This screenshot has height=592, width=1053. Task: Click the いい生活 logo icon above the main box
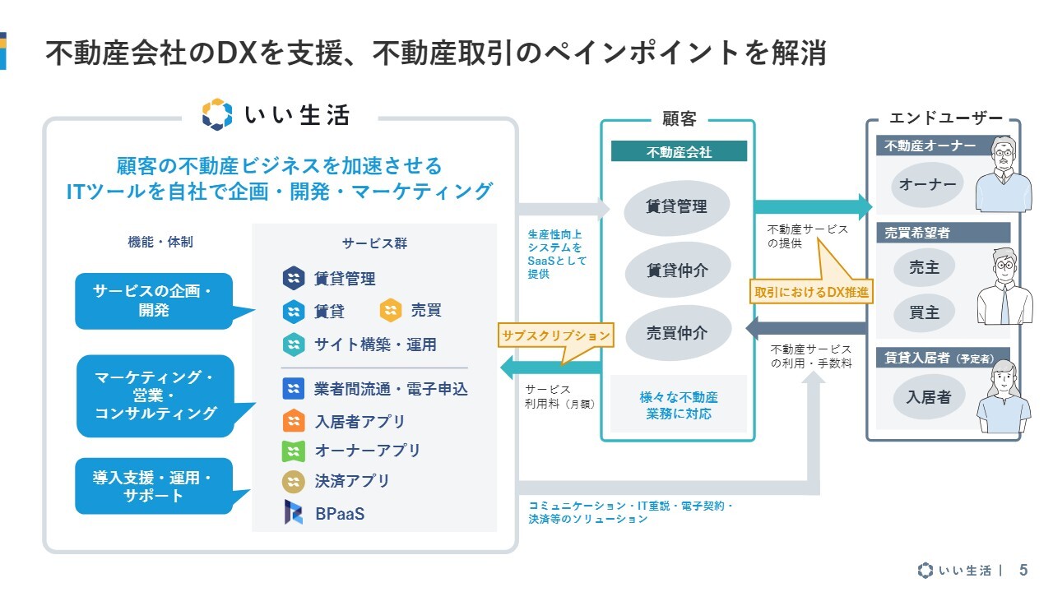(x=217, y=114)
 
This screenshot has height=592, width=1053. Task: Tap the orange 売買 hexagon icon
(x=391, y=310)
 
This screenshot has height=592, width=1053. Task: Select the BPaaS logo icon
(x=294, y=511)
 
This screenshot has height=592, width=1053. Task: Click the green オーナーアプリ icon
(x=294, y=451)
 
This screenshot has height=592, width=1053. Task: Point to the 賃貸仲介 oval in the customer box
(x=677, y=270)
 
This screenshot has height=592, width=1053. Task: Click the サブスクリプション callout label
(x=555, y=335)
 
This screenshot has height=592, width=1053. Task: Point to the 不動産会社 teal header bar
(x=679, y=151)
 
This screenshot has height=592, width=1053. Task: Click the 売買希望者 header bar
(x=943, y=233)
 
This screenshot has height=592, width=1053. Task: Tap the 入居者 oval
(x=929, y=397)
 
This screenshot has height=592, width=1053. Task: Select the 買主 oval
(x=924, y=312)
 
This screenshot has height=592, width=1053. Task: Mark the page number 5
(x=1023, y=570)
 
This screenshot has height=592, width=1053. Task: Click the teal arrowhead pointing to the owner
(x=865, y=206)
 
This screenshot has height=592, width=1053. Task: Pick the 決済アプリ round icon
(x=294, y=482)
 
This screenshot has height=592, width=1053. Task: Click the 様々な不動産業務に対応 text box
(x=679, y=404)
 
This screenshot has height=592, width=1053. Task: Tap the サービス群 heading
(x=374, y=243)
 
